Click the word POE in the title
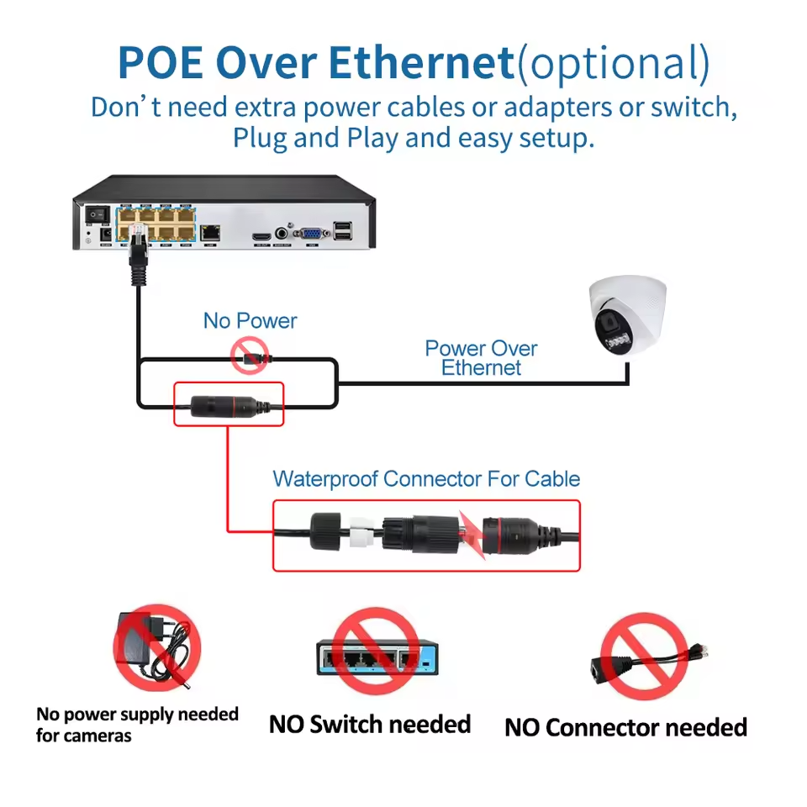coord(160,63)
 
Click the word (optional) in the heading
coord(613,63)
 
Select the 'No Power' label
coord(250,320)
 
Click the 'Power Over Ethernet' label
coord(481,357)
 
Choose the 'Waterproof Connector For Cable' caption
coord(426,479)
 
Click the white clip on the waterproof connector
coord(361,535)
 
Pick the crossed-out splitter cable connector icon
coord(646,657)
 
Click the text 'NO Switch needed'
coord(370,724)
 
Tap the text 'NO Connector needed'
coord(625,727)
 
